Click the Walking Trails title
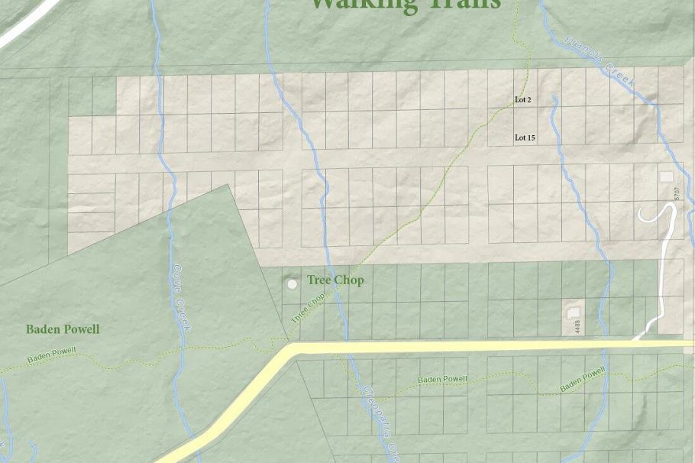coord(405,5)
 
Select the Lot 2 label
coord(523,100)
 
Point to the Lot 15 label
coord(525,138)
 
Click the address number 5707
coord(677,194)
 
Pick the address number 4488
coord(577,326)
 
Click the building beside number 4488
coord(574,312)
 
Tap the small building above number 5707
coord(666,176)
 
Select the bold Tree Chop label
coord(335,280)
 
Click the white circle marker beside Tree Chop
coord(292,284)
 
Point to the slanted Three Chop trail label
coord(308,308)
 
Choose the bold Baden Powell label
coord(63,329)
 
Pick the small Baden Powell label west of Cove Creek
coord(52,355)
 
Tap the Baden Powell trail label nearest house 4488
coord(583,379)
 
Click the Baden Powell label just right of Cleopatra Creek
coord(442,379)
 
